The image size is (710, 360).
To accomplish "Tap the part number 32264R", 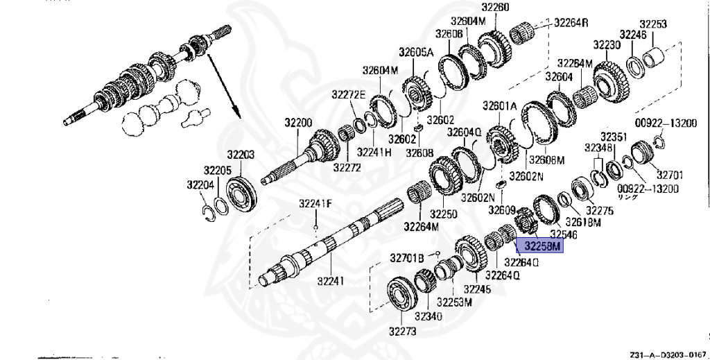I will coord(571,22).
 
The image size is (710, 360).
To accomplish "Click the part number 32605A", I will coord(415,53).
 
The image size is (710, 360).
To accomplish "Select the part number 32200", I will coord(297,123).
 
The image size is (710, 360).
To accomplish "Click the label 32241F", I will coord(315,203).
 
